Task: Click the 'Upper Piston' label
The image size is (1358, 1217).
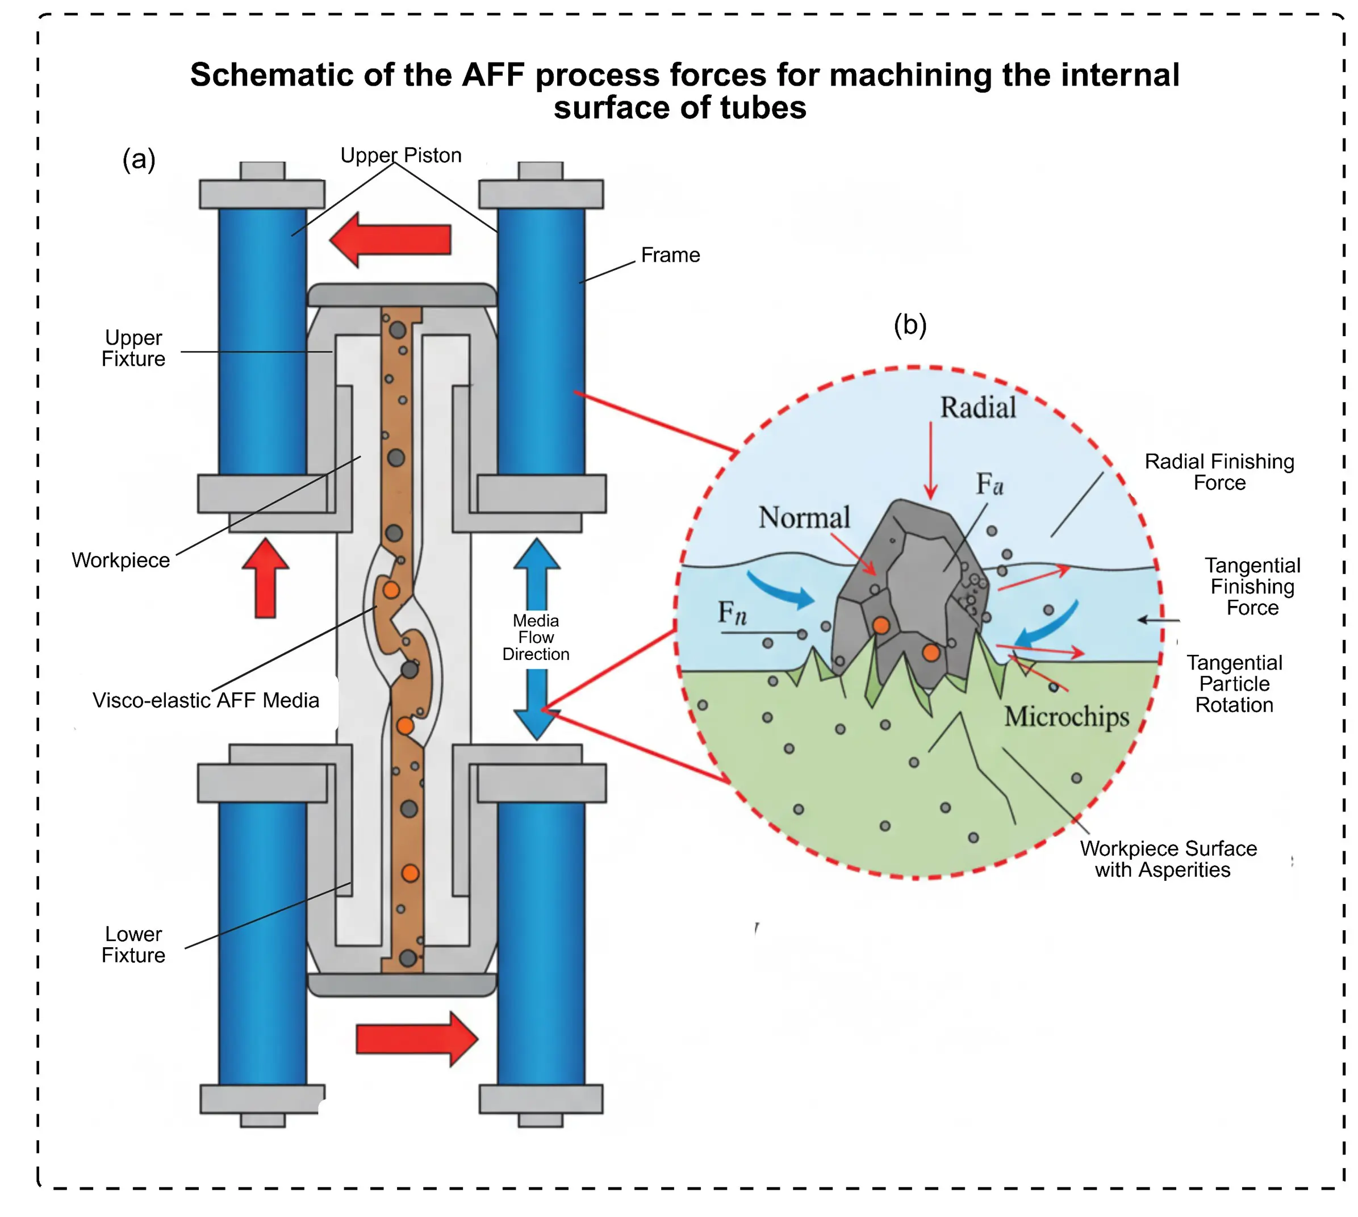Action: click(x=400, y=155)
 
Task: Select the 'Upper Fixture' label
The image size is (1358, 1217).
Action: click(x=133, y=348)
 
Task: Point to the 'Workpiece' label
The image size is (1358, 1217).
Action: click(x=120, y=560)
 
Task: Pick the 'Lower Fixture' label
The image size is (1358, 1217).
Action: click(x=133, y=944)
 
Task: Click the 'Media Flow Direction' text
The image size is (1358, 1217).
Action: click(x=536, y=637)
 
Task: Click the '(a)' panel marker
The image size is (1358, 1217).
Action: click(x=139, y=159)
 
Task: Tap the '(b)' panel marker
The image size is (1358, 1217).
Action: click(x=909, y=325)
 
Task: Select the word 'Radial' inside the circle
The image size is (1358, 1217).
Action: click(x=977, y=407)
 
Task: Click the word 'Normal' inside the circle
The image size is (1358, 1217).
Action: click(x=804, y=517)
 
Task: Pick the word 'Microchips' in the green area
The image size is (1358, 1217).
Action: click(x=1066, y=716)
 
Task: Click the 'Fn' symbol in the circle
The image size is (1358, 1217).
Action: click(x=732, y=612)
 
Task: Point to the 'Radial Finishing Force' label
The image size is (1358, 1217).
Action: click(x=1218, y=471)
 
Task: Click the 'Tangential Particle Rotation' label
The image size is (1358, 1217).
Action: click(x=1234, y=683)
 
